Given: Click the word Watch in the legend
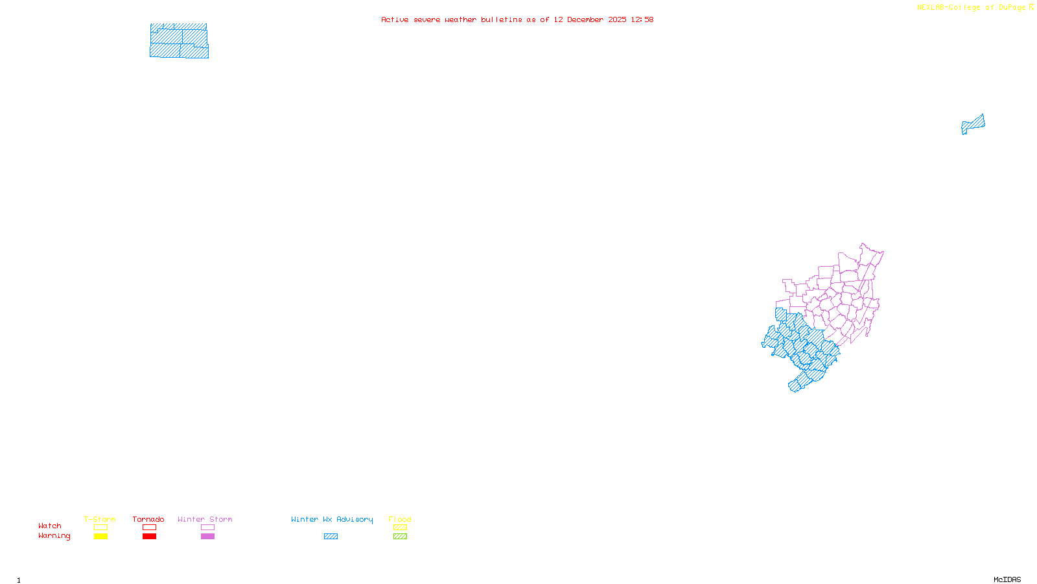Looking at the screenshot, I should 50,526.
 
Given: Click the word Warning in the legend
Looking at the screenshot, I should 54,536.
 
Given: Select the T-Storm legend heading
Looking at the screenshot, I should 100,519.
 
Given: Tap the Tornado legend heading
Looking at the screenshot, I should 148,519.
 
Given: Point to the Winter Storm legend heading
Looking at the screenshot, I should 205,519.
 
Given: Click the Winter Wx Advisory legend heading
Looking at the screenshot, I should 332,519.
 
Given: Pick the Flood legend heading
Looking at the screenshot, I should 400,519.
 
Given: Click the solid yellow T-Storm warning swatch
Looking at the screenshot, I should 100,537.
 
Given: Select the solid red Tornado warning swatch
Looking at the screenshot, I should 149,537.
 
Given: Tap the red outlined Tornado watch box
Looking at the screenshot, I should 149,528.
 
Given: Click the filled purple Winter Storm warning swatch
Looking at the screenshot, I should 207,537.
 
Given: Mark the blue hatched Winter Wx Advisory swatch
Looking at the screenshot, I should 331,537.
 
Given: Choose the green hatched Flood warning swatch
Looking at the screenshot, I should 400,537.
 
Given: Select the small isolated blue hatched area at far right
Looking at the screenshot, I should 973,124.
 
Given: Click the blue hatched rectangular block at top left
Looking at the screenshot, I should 179,41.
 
